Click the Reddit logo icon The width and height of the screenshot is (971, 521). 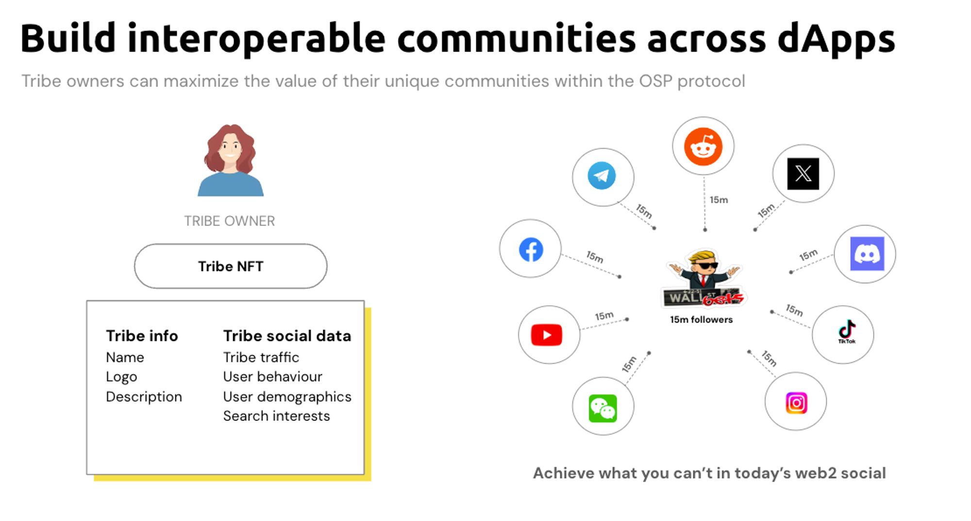pos(703,147)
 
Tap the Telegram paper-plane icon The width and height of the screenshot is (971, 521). pos(602,176)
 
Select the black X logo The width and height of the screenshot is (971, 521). pos(803,174)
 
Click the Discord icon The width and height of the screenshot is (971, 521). pos(867,254)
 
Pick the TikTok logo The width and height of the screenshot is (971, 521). pos(847,332)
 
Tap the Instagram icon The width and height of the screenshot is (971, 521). pos(796,403)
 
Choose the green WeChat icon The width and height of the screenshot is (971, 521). pos(603,408)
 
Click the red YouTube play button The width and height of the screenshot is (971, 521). pos(547,335)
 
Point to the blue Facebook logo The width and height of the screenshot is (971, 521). pos(531,250)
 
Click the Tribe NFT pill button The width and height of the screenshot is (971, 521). pos(231,266)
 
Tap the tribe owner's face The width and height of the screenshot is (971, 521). pos(230,147)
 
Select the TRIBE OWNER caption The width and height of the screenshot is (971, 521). pos(230,221)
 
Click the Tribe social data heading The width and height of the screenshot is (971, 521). pos(287,336)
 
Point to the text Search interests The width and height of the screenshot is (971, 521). pos(276,416)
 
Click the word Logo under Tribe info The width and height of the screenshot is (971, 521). pos(121,377)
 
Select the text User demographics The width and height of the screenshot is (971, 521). pos(287,397)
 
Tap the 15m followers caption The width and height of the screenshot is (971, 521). pos(702,320)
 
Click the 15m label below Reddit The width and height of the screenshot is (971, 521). pos(719,200)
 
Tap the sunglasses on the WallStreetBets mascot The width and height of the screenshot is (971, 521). pos(706,265)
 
